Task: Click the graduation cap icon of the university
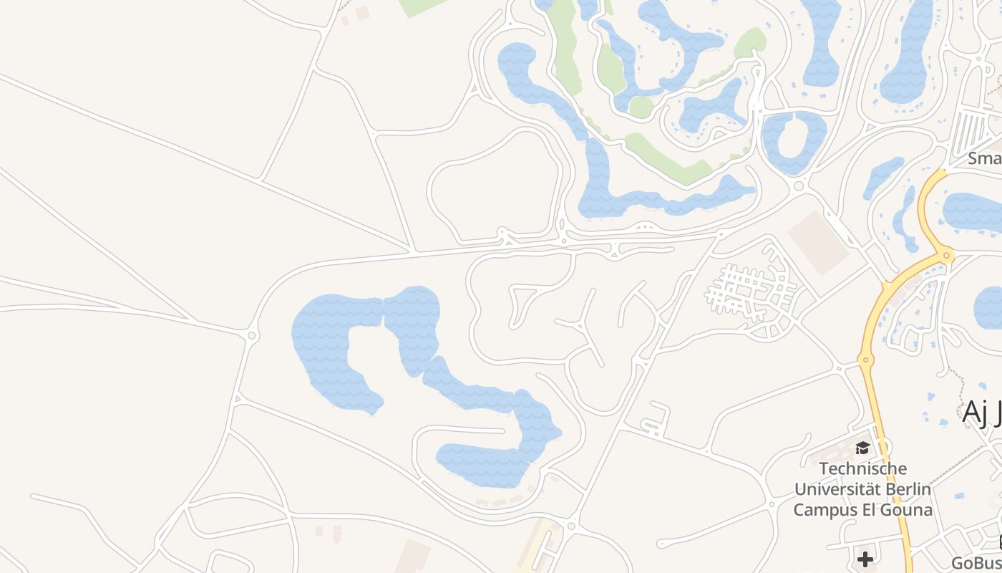click(862, 448)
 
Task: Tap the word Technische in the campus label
click(862, 469)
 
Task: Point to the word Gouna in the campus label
click(908, 510)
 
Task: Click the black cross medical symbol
click(865, 559)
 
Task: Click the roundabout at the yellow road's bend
click(948, 254)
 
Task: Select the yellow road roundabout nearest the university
click(866, 360)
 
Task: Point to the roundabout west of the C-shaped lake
click(252, 334)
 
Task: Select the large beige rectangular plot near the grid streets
click(818, 242)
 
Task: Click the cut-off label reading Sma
click(985, 158)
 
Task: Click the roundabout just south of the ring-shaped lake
click(799, 186)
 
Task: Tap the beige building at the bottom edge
click(412, 557)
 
